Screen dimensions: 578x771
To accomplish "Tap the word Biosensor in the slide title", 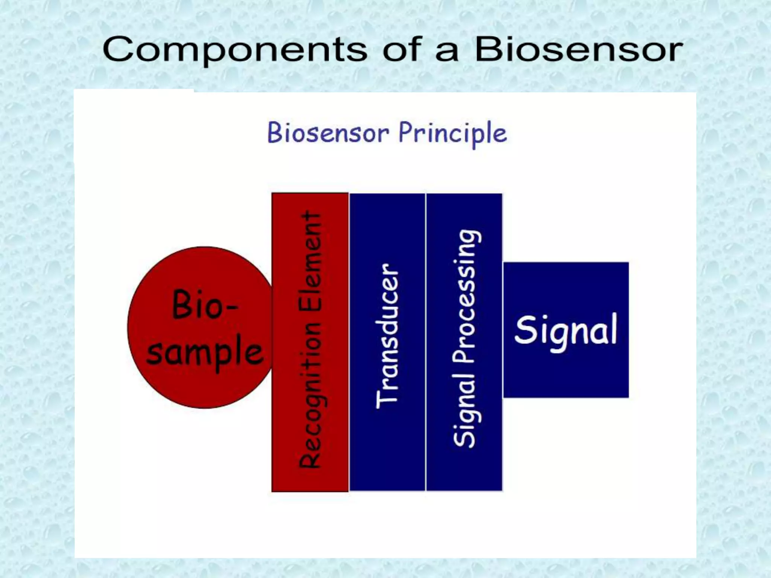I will [x=578, y=49].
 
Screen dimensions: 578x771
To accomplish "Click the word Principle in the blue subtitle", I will [x=453, y=133].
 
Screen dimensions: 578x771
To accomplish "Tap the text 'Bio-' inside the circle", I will [x=204, y=305].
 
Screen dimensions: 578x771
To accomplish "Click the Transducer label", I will [x=387, y=336].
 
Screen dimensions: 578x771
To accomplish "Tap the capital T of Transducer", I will [x=387, y=399].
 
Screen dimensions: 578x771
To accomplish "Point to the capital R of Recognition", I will [x=310, y=457].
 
